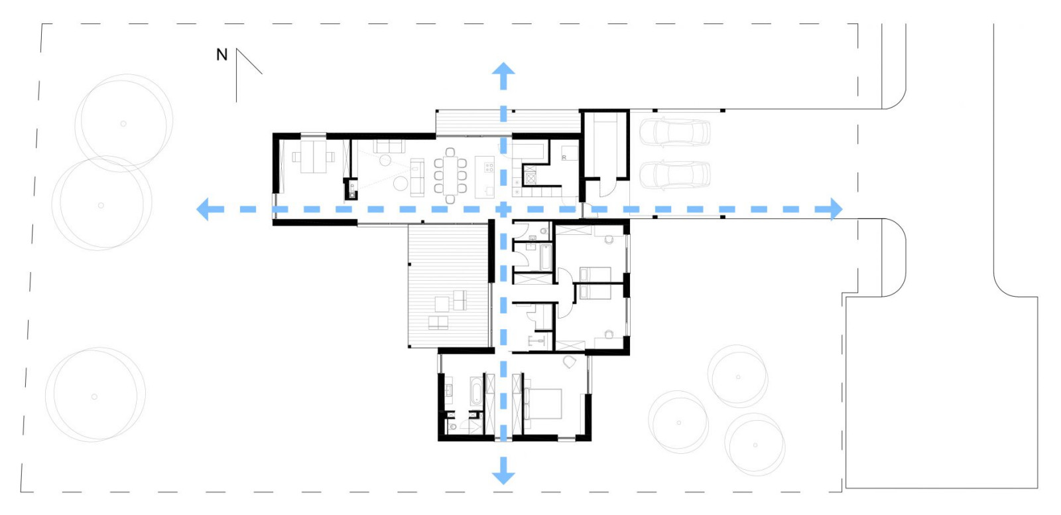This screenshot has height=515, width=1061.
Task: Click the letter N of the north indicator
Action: pyautogui.click(x=221, y=55)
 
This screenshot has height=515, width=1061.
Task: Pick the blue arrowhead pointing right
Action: pyautogui.click(x=834, y=209)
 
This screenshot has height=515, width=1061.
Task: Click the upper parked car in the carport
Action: pyautogui.click(x=674, y=131)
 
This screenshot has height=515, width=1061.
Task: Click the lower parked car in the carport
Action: pyautogui.click(x=674, y=175)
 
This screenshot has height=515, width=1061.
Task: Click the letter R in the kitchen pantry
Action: pyautogui.click(x=564, y=158)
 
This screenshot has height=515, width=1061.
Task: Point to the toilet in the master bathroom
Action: pyautogui.click(x=453, y=426)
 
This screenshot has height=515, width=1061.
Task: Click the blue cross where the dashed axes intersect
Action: pyautogui.click(x=503, y=209)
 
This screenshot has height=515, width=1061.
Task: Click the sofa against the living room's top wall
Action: pyautogui.click(x=389, y=145)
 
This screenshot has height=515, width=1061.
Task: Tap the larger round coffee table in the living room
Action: pyautogui.click(x=400, y=183)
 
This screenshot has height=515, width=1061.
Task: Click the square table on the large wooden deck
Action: pyautogui.click(x=442, y=304)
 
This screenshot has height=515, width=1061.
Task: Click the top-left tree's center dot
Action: pyautogui.click(x=123, y=123)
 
